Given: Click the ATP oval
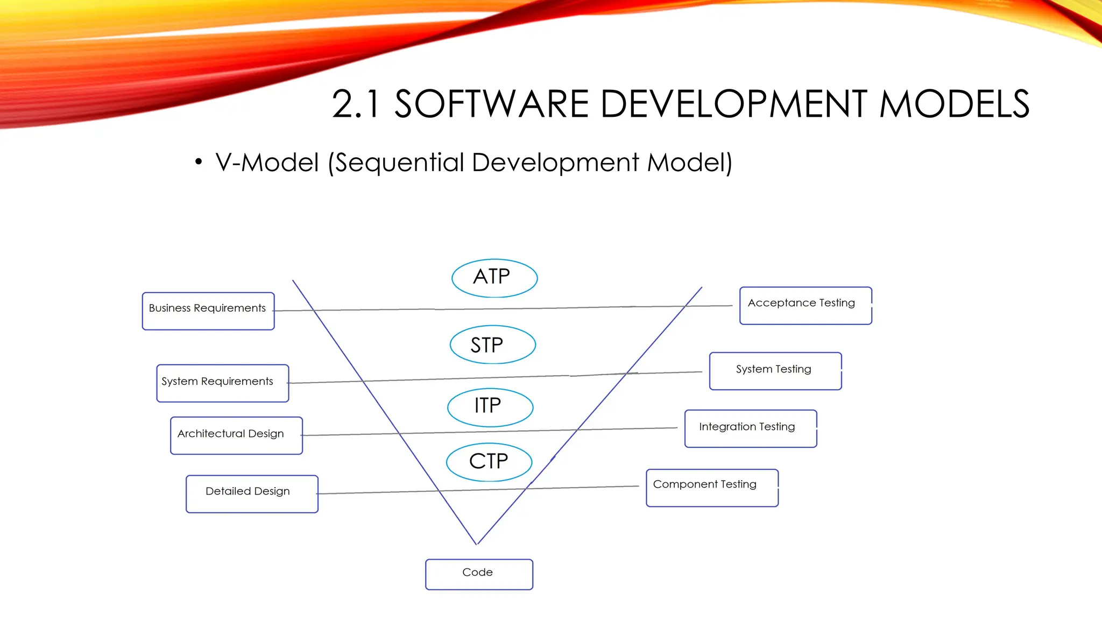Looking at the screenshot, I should (x=494, y=278).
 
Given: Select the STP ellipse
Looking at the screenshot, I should (x=492, y=344).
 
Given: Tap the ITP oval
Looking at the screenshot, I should (x=490, y=407).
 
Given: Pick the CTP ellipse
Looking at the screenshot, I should (x=489, y=462).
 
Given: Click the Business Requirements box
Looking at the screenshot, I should (x=208, y=311).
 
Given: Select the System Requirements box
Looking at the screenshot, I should (x=222, y=383).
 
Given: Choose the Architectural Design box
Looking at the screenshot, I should (x=236, y=435).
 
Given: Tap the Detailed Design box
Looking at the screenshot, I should (x=252, y=494).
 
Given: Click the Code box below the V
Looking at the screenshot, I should (x=479, y=574).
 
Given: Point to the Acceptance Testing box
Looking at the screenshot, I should (x=805, y=305).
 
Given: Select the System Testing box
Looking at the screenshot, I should (x=775, y=371).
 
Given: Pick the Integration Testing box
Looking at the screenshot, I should (x=750, y=428).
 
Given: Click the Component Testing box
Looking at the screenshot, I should (x=711, y=488).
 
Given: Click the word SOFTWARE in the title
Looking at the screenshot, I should (x=491, y=104).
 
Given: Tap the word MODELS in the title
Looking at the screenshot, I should (x=954, y=104).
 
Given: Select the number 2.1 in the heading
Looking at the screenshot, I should (x=355, y=104).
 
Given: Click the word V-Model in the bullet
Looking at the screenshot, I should (x=267, y=163).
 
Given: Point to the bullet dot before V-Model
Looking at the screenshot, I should (x=199, y=162).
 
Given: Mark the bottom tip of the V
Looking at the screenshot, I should (x=477, y=544).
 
